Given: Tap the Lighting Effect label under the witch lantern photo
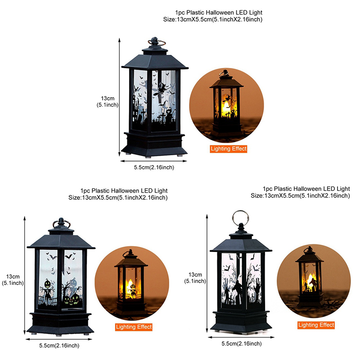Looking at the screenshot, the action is click(229, 149).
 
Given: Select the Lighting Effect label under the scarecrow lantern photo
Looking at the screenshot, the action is click(134, 327).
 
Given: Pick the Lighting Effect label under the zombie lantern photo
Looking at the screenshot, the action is click(316, 325).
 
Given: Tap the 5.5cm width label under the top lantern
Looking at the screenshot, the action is click(154, 167).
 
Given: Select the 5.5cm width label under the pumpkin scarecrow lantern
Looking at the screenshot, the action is click(59, 346).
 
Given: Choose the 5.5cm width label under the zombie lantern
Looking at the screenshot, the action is click(242, 344).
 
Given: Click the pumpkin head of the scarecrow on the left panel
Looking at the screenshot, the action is click(48, 284).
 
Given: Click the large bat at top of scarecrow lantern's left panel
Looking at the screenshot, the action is click(53, 257).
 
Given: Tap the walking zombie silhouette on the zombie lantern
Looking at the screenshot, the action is click(238, 292).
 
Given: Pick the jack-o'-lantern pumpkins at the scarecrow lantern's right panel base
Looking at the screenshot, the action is click(72, 299).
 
